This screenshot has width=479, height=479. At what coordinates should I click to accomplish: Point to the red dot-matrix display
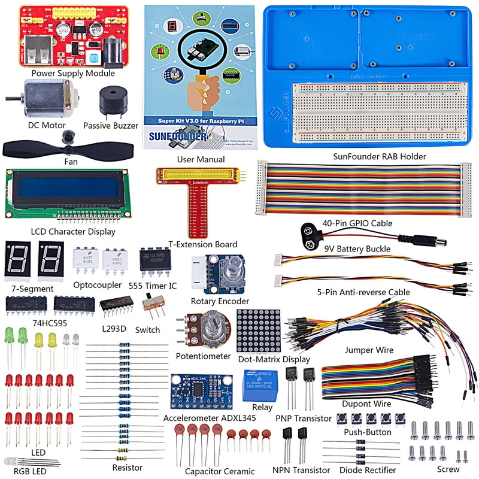point(259,331)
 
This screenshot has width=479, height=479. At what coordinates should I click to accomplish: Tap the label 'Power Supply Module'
point(73,74)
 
